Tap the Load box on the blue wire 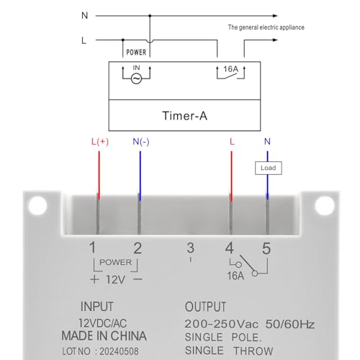point(268,168)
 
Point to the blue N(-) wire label point(140,143)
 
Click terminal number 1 point(92,248)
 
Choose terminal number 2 point(138,248)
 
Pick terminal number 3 point(190,248)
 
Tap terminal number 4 point(230,248)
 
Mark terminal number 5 point(266,248)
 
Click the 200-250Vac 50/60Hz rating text point(250,324)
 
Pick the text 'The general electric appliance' point(266,27)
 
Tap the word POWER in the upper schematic point(136,53)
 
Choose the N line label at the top point(84,14)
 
